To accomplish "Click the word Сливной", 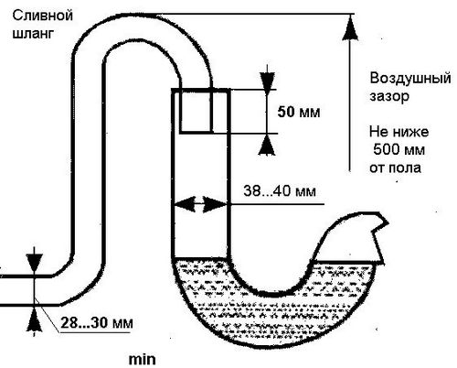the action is (43, 16).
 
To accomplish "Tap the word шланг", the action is (33, 34).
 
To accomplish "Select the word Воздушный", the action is (410, 79).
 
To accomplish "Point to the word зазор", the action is (389, 96).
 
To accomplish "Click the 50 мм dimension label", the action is (299, 113).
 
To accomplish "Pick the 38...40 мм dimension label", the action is (280, 191).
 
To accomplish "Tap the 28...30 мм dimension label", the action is (97, 323).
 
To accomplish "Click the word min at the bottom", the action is (142, 360).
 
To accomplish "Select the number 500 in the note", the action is (386, 149).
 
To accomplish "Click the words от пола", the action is (395, 168).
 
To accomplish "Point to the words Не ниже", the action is (399, 132).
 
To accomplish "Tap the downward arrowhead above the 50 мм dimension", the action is (267, 81).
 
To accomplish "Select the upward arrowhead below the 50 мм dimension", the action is (267, 144).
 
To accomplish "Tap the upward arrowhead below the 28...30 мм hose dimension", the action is (34, 319).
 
